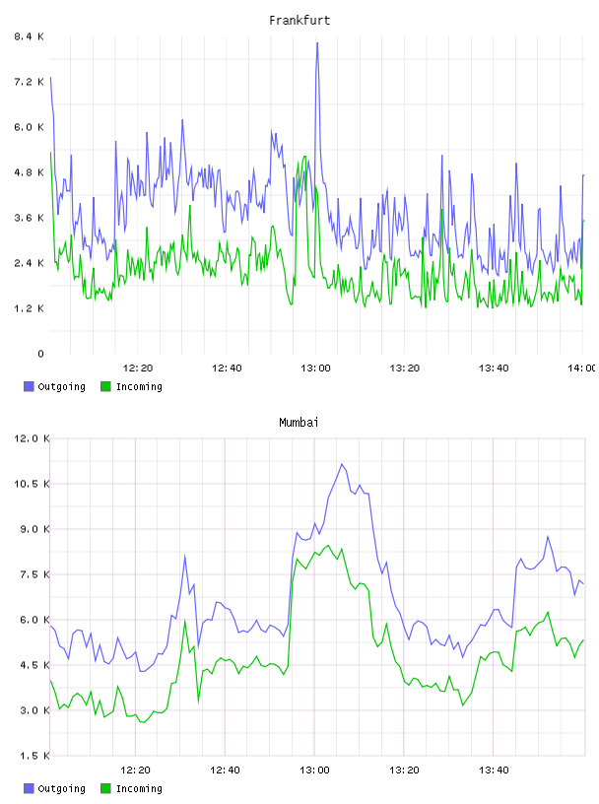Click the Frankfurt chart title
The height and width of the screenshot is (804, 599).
[299, 21]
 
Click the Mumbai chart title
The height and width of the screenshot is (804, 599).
[299, 423]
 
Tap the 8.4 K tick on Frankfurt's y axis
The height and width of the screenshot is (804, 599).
[30, 36]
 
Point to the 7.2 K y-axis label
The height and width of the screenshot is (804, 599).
[30, 82]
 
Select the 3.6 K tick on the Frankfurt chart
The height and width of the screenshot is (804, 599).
[30, 218]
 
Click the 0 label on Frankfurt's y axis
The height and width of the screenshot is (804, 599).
[40, 354]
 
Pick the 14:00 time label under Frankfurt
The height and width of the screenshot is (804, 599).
[582, 368]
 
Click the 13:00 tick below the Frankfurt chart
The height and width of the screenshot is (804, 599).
[315, 368]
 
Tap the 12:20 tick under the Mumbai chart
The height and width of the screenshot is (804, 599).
[135, 770]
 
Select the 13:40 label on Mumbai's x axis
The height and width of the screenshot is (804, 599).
[494, 770]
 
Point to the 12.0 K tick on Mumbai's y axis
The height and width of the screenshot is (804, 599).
[32, 438]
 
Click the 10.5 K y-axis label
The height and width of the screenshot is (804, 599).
[32, 484]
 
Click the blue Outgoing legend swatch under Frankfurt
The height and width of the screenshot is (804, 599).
[29, 386]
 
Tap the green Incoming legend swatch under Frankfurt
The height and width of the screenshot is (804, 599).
[105, 386]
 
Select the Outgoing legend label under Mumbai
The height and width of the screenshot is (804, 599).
[61, 788]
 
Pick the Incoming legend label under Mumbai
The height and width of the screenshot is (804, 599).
[139, 788]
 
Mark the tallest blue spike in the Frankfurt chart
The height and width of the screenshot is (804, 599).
[317, 43]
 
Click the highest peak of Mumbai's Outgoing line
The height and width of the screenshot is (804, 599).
[342, 464]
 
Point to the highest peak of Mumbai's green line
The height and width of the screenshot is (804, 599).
[328, 546]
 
